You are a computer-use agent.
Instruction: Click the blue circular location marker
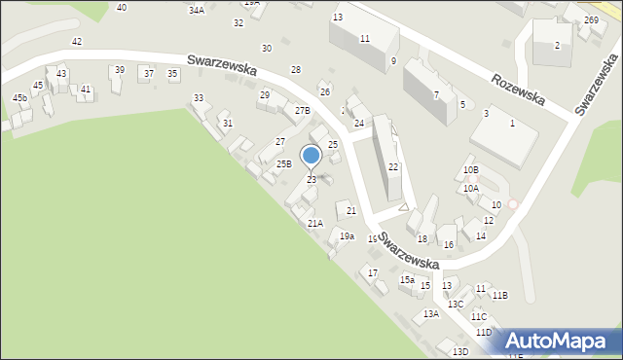(x=311, y=156)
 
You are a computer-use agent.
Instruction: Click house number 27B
(x=303, y=111)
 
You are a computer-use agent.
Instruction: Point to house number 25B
(x=283, y=163)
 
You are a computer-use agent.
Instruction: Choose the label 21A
(x=314, y=223)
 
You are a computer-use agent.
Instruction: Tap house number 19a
(x=347, y=235)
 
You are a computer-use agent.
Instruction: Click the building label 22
(x=393, y=167)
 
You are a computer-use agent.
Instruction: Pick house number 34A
(x=197, y=10)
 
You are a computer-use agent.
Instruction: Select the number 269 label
(x=591, y=20)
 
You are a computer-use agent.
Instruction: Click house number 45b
(x=19, y=98)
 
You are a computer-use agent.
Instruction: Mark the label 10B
(x=470, y=170)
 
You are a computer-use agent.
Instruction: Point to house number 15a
(x=407, y=280)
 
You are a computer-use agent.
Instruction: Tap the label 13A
(x=431, y=313)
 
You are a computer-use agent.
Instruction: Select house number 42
(x=77, y=41)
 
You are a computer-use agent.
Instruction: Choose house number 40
(x=121, y=8)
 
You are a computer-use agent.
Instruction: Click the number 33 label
(x=199, y=98)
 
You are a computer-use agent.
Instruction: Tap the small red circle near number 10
(x=512, y=204)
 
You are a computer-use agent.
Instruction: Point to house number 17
(x=372, y=272)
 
